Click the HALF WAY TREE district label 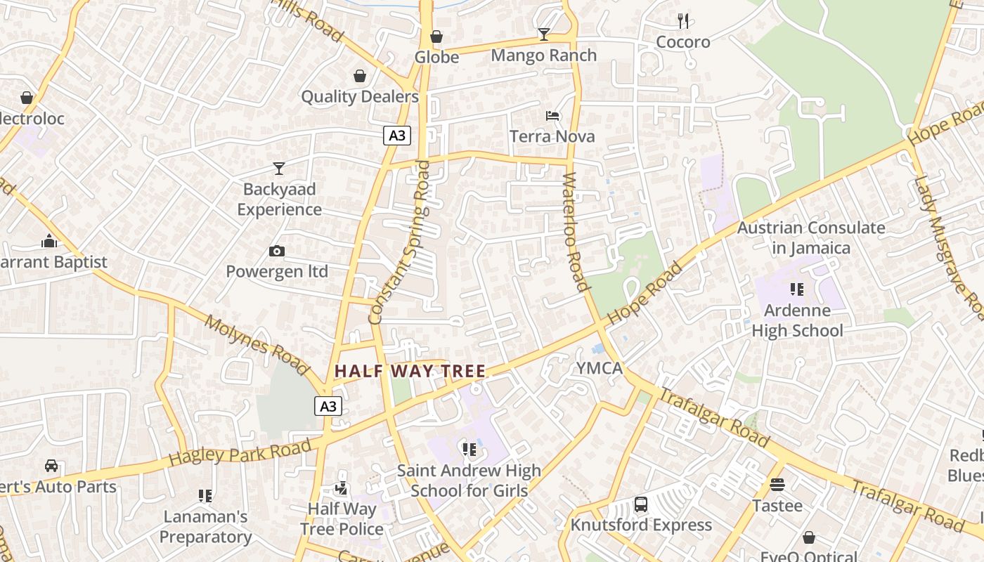(410, 371)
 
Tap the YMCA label (600, 368)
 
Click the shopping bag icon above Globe (436, 37)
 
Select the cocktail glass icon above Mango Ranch (543, 34)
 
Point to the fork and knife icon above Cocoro (683, 21)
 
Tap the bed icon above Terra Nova (552, 116)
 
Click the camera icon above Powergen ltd (277, 251)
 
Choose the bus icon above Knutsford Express (641, 504)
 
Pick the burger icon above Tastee (777, 485)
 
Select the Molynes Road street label (257, 345)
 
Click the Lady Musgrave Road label (948, 246)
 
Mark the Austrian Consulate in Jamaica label (811, 237)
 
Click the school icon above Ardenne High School (796, 289)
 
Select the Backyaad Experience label (280, 200)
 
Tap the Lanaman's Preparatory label (205, 527)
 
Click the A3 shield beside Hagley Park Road (328, 406)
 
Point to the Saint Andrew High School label (469, 481)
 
